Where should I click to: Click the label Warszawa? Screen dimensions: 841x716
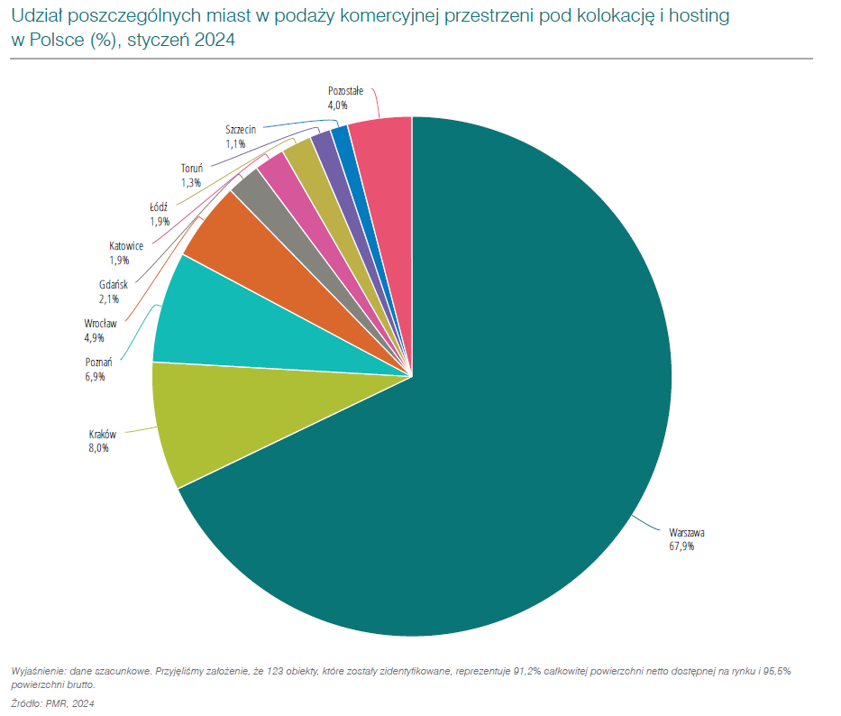[687, 532]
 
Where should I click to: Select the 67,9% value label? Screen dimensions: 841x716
[681, 546]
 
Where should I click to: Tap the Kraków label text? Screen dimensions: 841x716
[103, 435]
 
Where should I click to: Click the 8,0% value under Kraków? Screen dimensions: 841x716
[98, 448]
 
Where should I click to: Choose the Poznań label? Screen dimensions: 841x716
[98, 363]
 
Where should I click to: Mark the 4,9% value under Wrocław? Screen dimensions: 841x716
[94, 338]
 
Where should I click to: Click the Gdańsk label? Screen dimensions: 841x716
[114, 285]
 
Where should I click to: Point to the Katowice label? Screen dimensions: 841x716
[126, 246]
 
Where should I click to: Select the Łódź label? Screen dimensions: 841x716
[159, 207]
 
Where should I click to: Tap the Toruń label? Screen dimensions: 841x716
[192, 169]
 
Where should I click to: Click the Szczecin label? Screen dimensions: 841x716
[241, 130]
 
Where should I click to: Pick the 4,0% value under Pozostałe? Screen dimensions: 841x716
[338, 106]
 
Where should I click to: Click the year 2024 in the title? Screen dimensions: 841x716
[215, 41]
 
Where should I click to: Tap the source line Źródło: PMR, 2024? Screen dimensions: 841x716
[52, 703]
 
